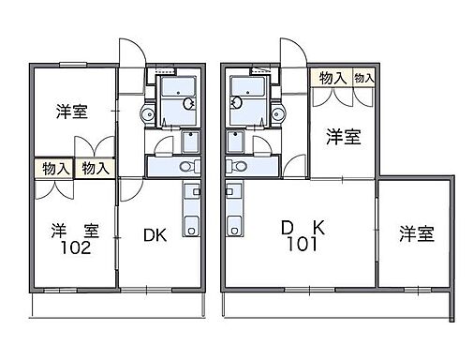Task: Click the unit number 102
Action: (77, 249)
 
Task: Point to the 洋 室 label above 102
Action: (71, 230)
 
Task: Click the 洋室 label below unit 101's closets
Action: (344, 138)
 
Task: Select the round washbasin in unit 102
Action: (146, 113)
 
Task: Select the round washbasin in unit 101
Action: (279, 113)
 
